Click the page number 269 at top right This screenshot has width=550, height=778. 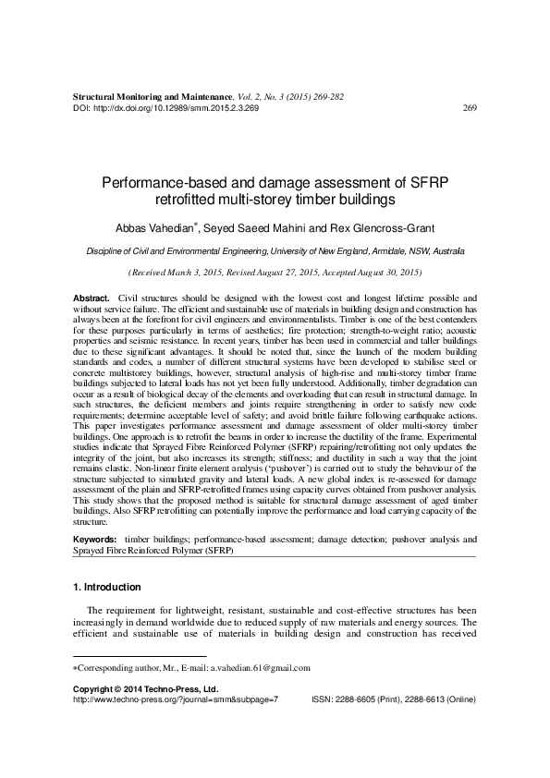click(469, 107)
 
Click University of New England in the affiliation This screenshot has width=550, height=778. click(351, 250)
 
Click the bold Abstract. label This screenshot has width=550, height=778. click(91, 298)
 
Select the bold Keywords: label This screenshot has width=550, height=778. click(94, 538)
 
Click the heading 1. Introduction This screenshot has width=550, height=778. click(106, 587)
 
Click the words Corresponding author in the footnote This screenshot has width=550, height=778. click(112, 667)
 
